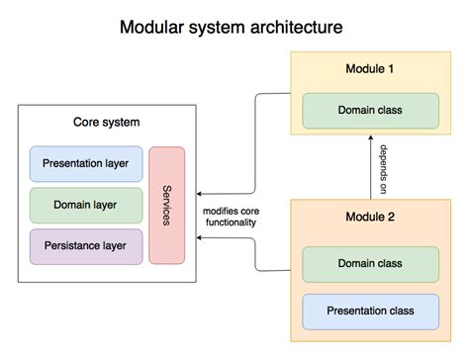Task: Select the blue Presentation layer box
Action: pos(86,162)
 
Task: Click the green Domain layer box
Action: pos(86,204)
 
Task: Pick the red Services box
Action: pos(167,205)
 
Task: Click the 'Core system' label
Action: pos(107,123)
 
